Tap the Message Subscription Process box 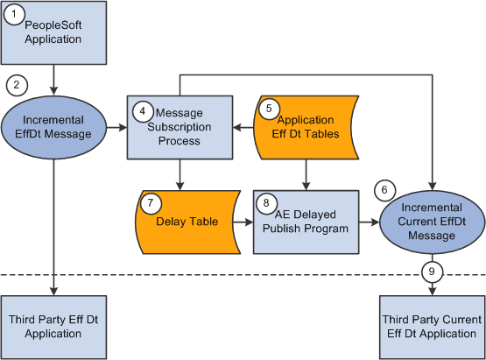click(x=179, y=127)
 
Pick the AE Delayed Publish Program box click(x=307, y=221)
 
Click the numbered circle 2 click(x=16, y=86)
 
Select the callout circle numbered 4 click(x=140, y=112)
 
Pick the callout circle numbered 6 click(x=384, y=189)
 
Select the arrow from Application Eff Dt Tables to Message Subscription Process click(x=243, y=128)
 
